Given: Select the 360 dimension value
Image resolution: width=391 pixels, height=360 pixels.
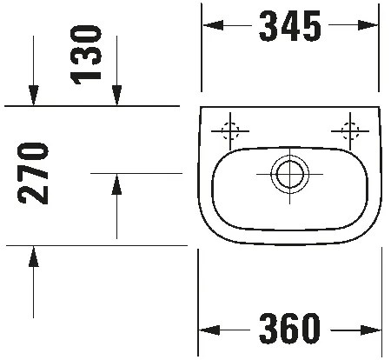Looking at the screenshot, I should pyautogui.click(x=289, y=330).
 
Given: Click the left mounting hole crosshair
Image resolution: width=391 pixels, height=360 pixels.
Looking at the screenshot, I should pyautogui.click(x=230, y=132).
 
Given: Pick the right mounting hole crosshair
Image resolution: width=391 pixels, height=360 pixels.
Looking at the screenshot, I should pyautogui.click(x=350, y=132).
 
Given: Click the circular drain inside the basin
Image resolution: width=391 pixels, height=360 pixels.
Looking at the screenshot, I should pyautogui.click(x=287, y=173).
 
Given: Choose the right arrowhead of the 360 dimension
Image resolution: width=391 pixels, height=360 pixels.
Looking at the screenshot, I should pyautogui.click(x=374, y=330).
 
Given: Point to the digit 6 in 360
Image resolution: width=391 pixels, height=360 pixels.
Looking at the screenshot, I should pyautogui.click(x=289, y=330).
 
